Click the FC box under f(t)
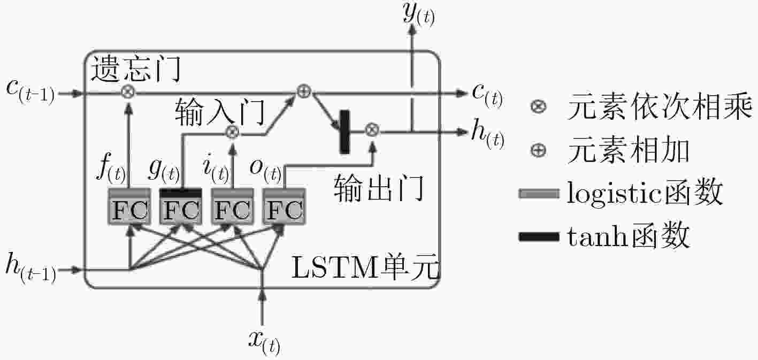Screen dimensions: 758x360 coord(129,206)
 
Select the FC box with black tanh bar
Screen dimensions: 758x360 coord(181,206)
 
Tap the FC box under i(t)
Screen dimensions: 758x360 coord(233,206)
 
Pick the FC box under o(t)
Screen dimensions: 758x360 coord(284,206)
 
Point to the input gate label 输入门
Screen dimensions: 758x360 coord(220,111)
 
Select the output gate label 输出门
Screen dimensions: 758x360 coord(379,188)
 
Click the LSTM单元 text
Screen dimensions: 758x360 coord(365,267)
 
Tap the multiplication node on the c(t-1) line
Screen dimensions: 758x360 coord(128,91)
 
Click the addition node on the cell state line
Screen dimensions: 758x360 coord(303,91)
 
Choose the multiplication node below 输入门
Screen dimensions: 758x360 coord(232,132)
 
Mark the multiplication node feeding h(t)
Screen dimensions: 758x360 coord(372,129)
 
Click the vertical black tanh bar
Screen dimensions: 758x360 coord(344,132)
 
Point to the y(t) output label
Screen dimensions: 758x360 coord(419,13)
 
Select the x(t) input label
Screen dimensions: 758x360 coord(264,342)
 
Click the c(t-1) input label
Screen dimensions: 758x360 coord(30,91)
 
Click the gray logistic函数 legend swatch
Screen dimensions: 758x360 coord(539,194)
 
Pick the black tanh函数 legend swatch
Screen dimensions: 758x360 coord(539,236)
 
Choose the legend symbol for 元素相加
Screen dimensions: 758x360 coord(538,150)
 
